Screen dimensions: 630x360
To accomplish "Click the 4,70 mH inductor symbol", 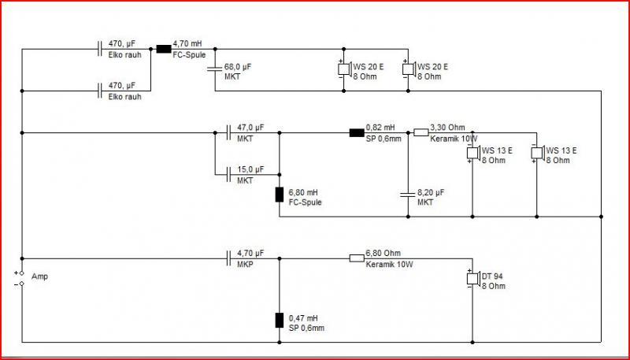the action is coord(164,49).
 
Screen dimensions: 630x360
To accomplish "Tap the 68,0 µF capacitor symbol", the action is coord(215,70).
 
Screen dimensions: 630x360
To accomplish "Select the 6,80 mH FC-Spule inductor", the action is coord(280,195).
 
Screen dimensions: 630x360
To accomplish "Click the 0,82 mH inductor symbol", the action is coord(357,132).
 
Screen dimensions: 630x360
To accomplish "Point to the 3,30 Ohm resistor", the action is coord(421,132).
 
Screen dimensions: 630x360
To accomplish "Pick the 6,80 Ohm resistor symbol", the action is coord(357,258).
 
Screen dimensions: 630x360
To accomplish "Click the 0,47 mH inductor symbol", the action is coord(280,321).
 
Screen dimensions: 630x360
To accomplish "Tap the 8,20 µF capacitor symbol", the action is coord(408,195).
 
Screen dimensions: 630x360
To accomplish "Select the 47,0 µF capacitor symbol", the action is coord(228,132).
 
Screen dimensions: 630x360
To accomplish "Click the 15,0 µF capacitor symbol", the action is coord(228,174).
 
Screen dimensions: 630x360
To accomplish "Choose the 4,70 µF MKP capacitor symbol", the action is coord(228,258).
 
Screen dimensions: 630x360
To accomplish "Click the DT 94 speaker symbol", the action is coord(474,279).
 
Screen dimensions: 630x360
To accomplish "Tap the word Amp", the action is coord(39,276).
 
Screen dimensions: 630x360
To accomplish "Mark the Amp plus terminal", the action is coord(22,273).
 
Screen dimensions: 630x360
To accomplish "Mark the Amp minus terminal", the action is coord(22,284).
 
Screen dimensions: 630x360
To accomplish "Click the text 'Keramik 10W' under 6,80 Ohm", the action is coord(389,265).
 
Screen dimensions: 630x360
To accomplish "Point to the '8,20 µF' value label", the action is coord(431,192).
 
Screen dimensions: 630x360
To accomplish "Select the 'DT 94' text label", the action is coord(492,276).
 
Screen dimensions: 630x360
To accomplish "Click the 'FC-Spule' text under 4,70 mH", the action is coord(189,55).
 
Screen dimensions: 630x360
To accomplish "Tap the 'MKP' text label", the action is coord(245,265).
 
